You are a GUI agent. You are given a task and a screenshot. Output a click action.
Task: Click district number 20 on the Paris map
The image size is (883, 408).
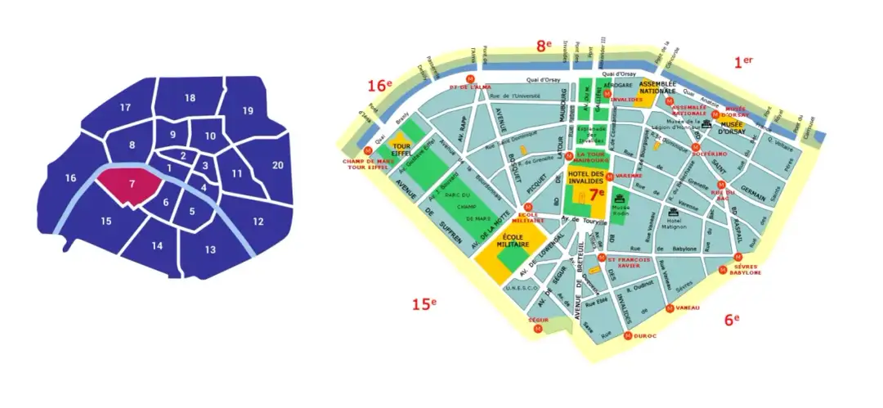277,166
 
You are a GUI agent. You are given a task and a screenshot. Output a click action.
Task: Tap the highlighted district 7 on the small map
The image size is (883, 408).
132,184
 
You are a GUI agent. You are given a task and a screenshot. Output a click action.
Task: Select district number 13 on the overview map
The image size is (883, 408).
209,249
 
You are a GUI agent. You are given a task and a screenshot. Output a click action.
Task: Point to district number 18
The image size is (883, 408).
190,98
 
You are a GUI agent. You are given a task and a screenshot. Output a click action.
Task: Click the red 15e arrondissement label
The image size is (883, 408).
424,304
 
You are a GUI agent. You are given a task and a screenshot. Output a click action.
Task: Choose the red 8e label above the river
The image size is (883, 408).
544,47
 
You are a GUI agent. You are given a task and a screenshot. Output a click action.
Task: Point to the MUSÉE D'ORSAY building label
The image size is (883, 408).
729,128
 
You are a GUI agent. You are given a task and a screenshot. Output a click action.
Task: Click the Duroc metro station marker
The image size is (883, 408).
627,335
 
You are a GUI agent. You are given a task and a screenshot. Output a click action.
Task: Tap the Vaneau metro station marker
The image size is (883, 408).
670,308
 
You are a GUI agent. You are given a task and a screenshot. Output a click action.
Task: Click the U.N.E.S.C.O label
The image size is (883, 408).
521,288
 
